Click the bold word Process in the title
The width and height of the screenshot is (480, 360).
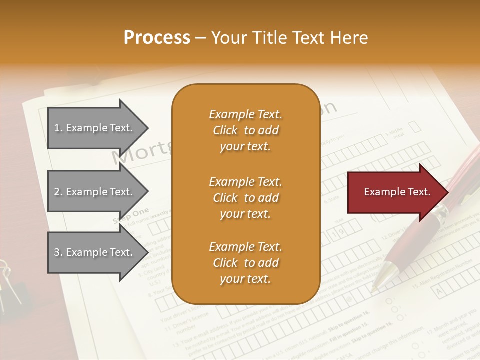[x=157, y=38]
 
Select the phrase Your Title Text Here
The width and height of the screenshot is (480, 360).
[x=290, y=38]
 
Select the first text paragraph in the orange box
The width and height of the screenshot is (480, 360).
[x=245, y=130]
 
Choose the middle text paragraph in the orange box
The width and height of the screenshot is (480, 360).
[x=245, y=197]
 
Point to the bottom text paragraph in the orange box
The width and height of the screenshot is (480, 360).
[x=245, y=263]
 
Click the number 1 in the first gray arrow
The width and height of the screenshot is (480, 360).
[x=57, y=128]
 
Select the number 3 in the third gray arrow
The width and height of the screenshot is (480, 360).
[x=57, y=252]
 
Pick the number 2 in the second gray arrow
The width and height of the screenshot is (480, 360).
[x=57, y=192]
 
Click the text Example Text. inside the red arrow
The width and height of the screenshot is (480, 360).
[x=397, y=192]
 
